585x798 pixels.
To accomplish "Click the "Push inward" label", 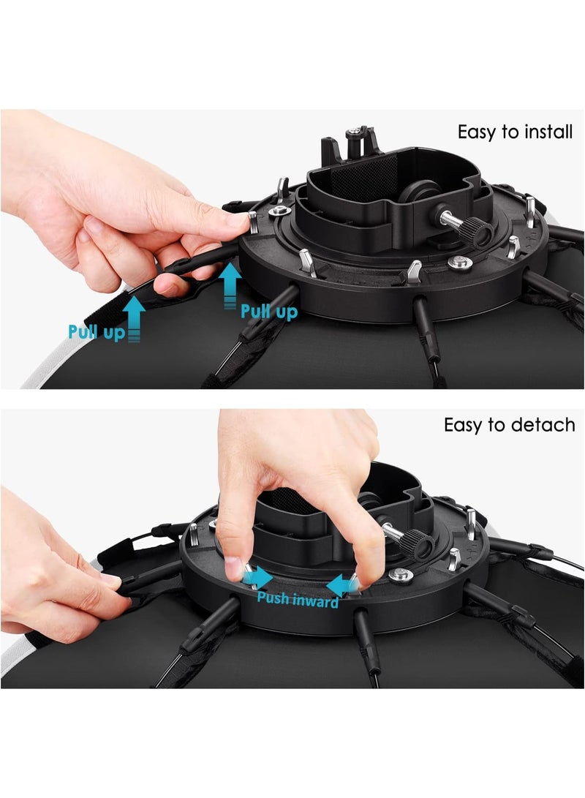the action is tap(298, 599).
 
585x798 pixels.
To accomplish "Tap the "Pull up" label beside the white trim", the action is tap(97, 332).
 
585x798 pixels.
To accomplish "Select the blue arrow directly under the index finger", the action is tap(230, 285).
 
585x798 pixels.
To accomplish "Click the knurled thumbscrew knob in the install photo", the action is tap(480, 231).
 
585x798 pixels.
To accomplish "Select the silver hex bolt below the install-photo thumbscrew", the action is tap(460, 263).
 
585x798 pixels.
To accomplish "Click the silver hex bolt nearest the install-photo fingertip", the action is tap(279, 211).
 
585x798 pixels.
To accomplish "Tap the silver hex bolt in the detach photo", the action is tap(401, 575).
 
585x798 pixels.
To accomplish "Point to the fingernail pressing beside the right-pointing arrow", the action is tap(234, 568).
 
